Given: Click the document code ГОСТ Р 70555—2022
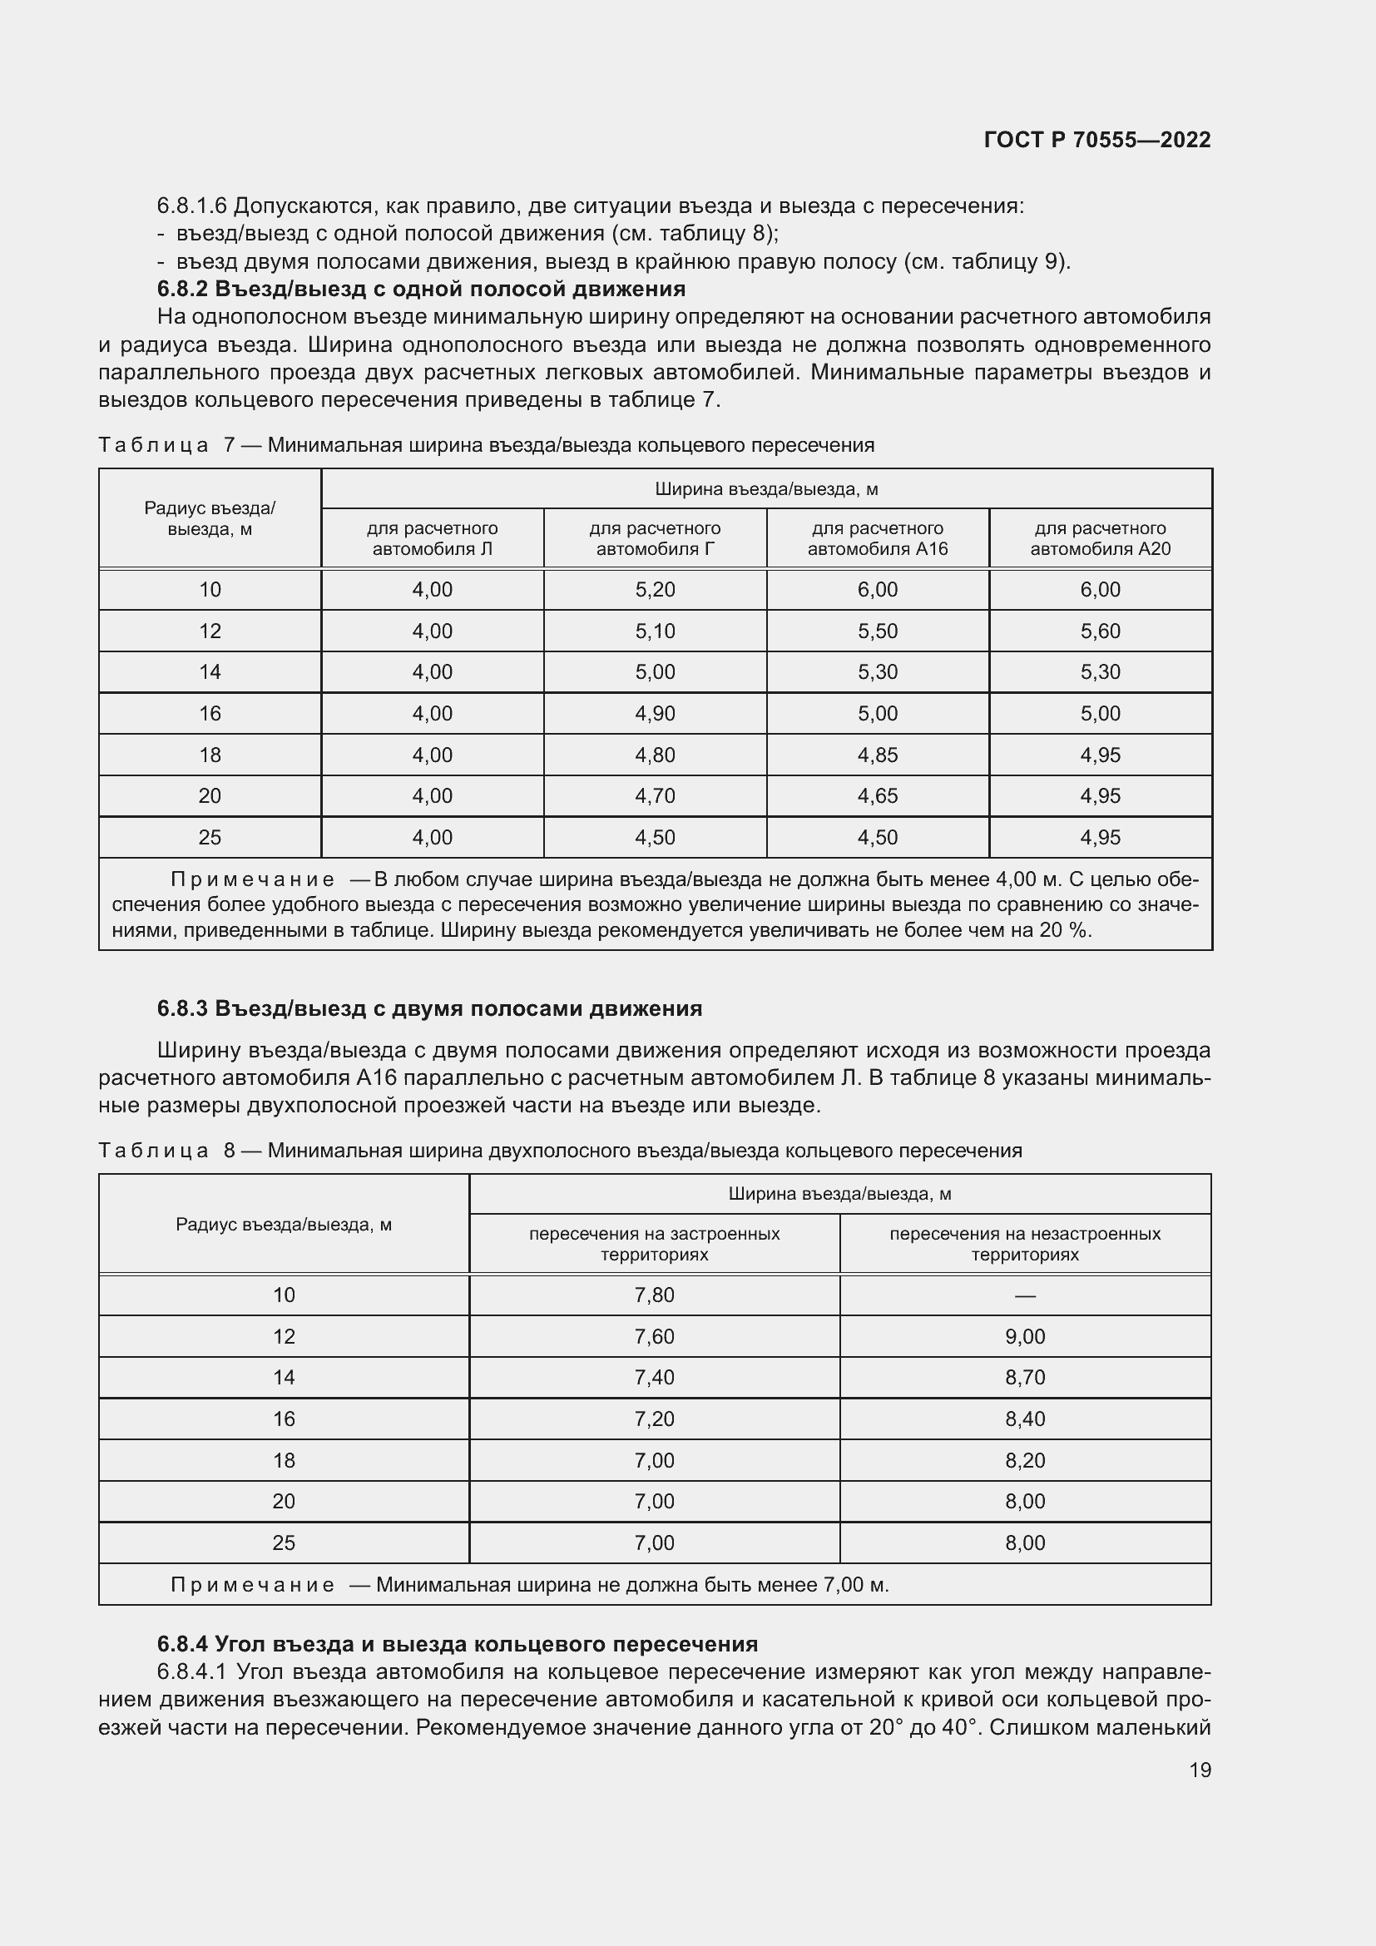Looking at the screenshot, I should click(x=1096, y=140).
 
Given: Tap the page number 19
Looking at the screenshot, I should click(x=1200, y=1770).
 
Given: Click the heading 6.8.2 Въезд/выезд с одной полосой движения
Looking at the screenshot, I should click(x=421, y=289).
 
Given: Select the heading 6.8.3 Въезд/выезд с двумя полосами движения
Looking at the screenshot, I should click(x=429, y=1008).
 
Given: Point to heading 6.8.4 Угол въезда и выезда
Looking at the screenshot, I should click(x=458, y=1644).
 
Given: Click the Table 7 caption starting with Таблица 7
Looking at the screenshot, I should click(x=487, y=445).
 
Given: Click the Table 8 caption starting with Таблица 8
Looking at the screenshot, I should click(x=560, y=1150).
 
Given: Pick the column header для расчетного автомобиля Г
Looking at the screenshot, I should click(x=655, y=538).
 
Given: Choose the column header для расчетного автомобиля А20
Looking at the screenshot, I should click(x=1100, y=538).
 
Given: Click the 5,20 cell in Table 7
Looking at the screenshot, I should click(x=655, y=590).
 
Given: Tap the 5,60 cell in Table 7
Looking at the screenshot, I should click(x=1100, y=631).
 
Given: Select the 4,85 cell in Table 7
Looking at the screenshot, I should click(x=877, y=755).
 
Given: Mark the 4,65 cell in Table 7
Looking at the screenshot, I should click(x=877, y=796).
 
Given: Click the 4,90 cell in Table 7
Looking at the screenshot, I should click(x=655, y=714).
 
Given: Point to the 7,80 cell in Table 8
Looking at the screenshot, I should click(x=654, y=1295).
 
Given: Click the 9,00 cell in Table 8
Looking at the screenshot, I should click(x=1025, y=1337).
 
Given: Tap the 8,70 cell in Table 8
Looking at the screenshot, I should click(x=1025, y=1377).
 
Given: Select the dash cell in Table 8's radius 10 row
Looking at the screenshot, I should click(x=1025, y=1296).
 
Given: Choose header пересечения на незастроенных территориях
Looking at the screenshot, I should click(x=1025, y=1243).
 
